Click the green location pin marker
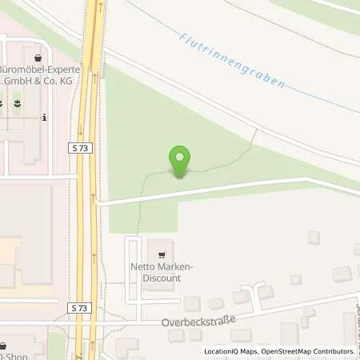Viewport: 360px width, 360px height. click(180, 161)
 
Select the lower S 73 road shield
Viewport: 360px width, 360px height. click(78, 309)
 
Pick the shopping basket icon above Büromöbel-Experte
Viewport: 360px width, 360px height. click(37, 58)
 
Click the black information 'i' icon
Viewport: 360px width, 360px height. click(44, 118)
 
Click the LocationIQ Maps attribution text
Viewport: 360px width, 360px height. click(232, 351)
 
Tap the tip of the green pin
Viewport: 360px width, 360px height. click(180, 177)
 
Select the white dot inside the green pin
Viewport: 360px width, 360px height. click(180, 156)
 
